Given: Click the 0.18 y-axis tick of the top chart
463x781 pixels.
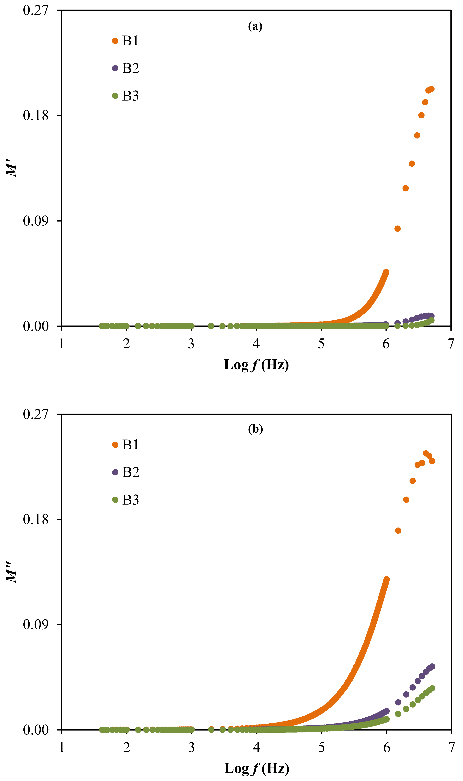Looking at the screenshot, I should tap(36, 115).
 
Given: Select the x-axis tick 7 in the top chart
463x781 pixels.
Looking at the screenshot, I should tap(451, 344).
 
